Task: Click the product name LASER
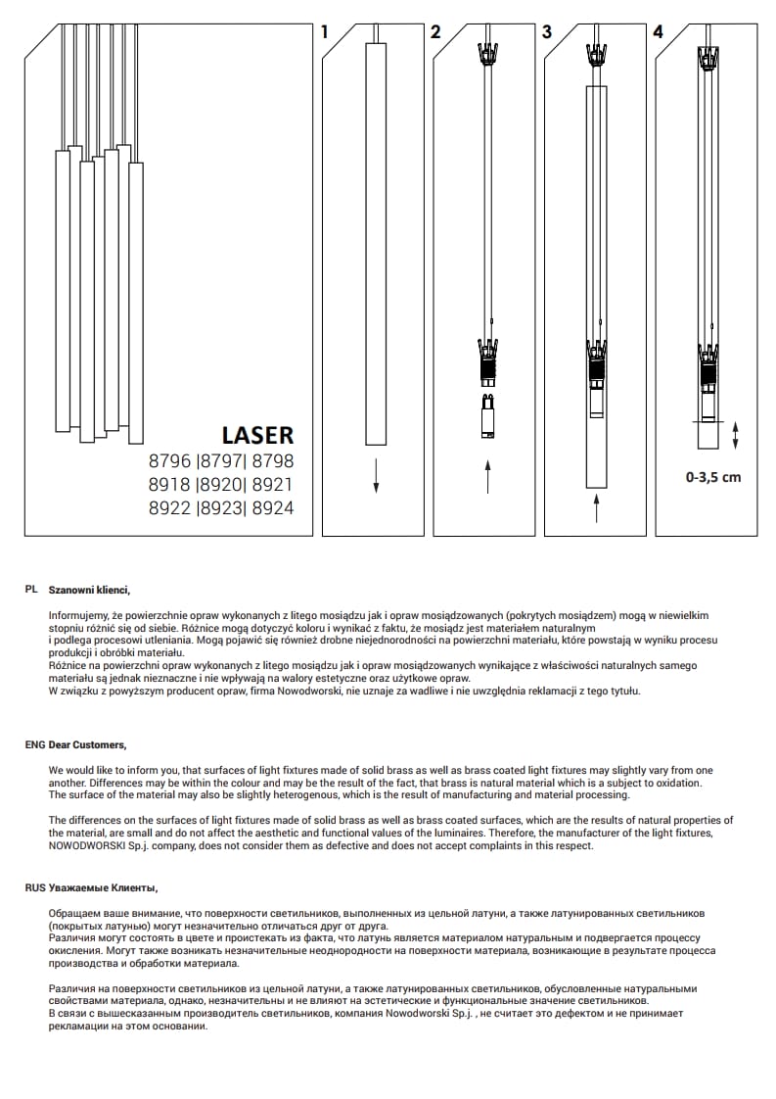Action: tap(257, 434)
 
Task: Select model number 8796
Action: tap(169, 461)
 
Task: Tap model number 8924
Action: tap(273, 507)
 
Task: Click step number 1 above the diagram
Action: tap(325, 31)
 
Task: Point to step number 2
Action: tap(435, 31)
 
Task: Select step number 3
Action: tap(546, 31)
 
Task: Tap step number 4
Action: tap(658, 31)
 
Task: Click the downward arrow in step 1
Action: tap(376, 475)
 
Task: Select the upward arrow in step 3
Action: tap(596, 507)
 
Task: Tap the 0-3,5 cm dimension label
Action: tap(713, 478)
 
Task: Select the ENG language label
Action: tap(34, 745)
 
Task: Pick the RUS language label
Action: tap(34, 887)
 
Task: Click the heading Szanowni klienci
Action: tap(89, 591)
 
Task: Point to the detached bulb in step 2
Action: tap(487, 417)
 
